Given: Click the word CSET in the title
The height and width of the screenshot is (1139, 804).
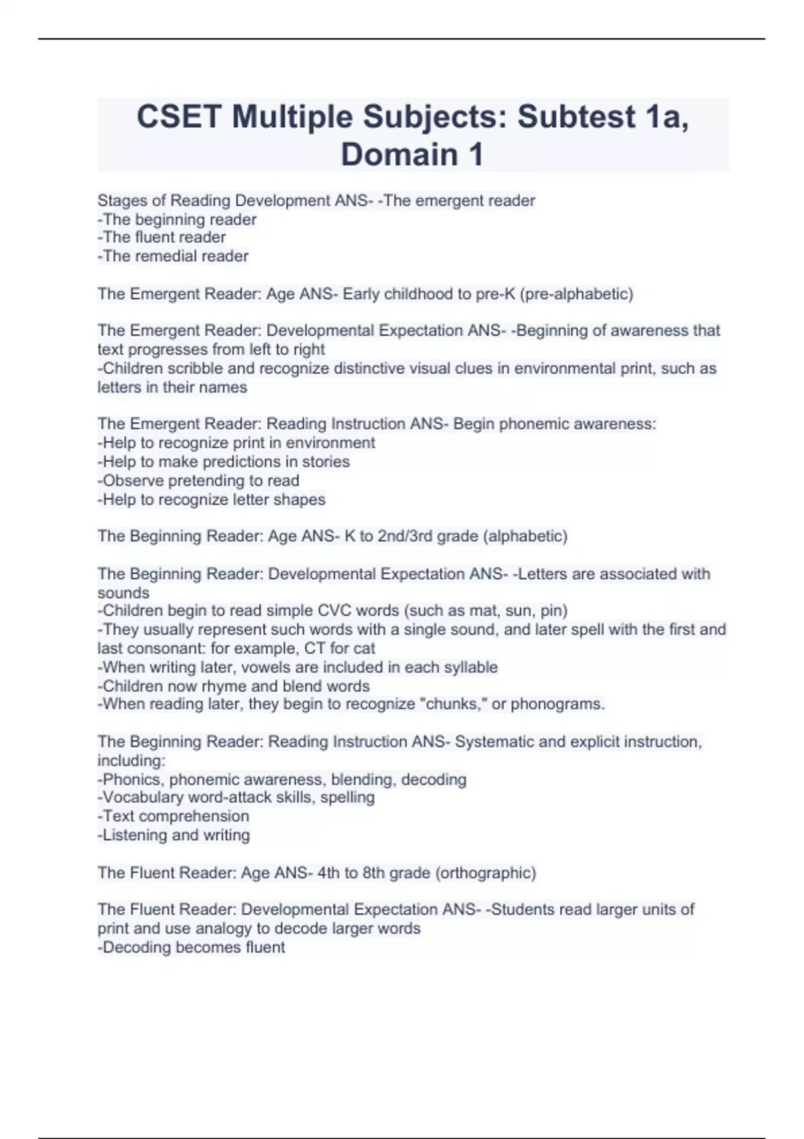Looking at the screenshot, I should click(x=179, y=117).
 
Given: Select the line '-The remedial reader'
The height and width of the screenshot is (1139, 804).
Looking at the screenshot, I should click(x=173, y=256).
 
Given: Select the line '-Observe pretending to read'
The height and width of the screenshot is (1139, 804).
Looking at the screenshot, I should click(x=198, y=480).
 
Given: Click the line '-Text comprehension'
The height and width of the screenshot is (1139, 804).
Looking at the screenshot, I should click(x=174, y=816).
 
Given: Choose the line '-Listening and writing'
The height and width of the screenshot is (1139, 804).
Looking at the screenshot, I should click(x=174, y=835).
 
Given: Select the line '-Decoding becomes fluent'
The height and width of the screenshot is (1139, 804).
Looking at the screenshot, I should click(x=192, y=947).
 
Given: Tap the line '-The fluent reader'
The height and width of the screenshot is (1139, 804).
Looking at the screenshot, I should click(x=161, y=237).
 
